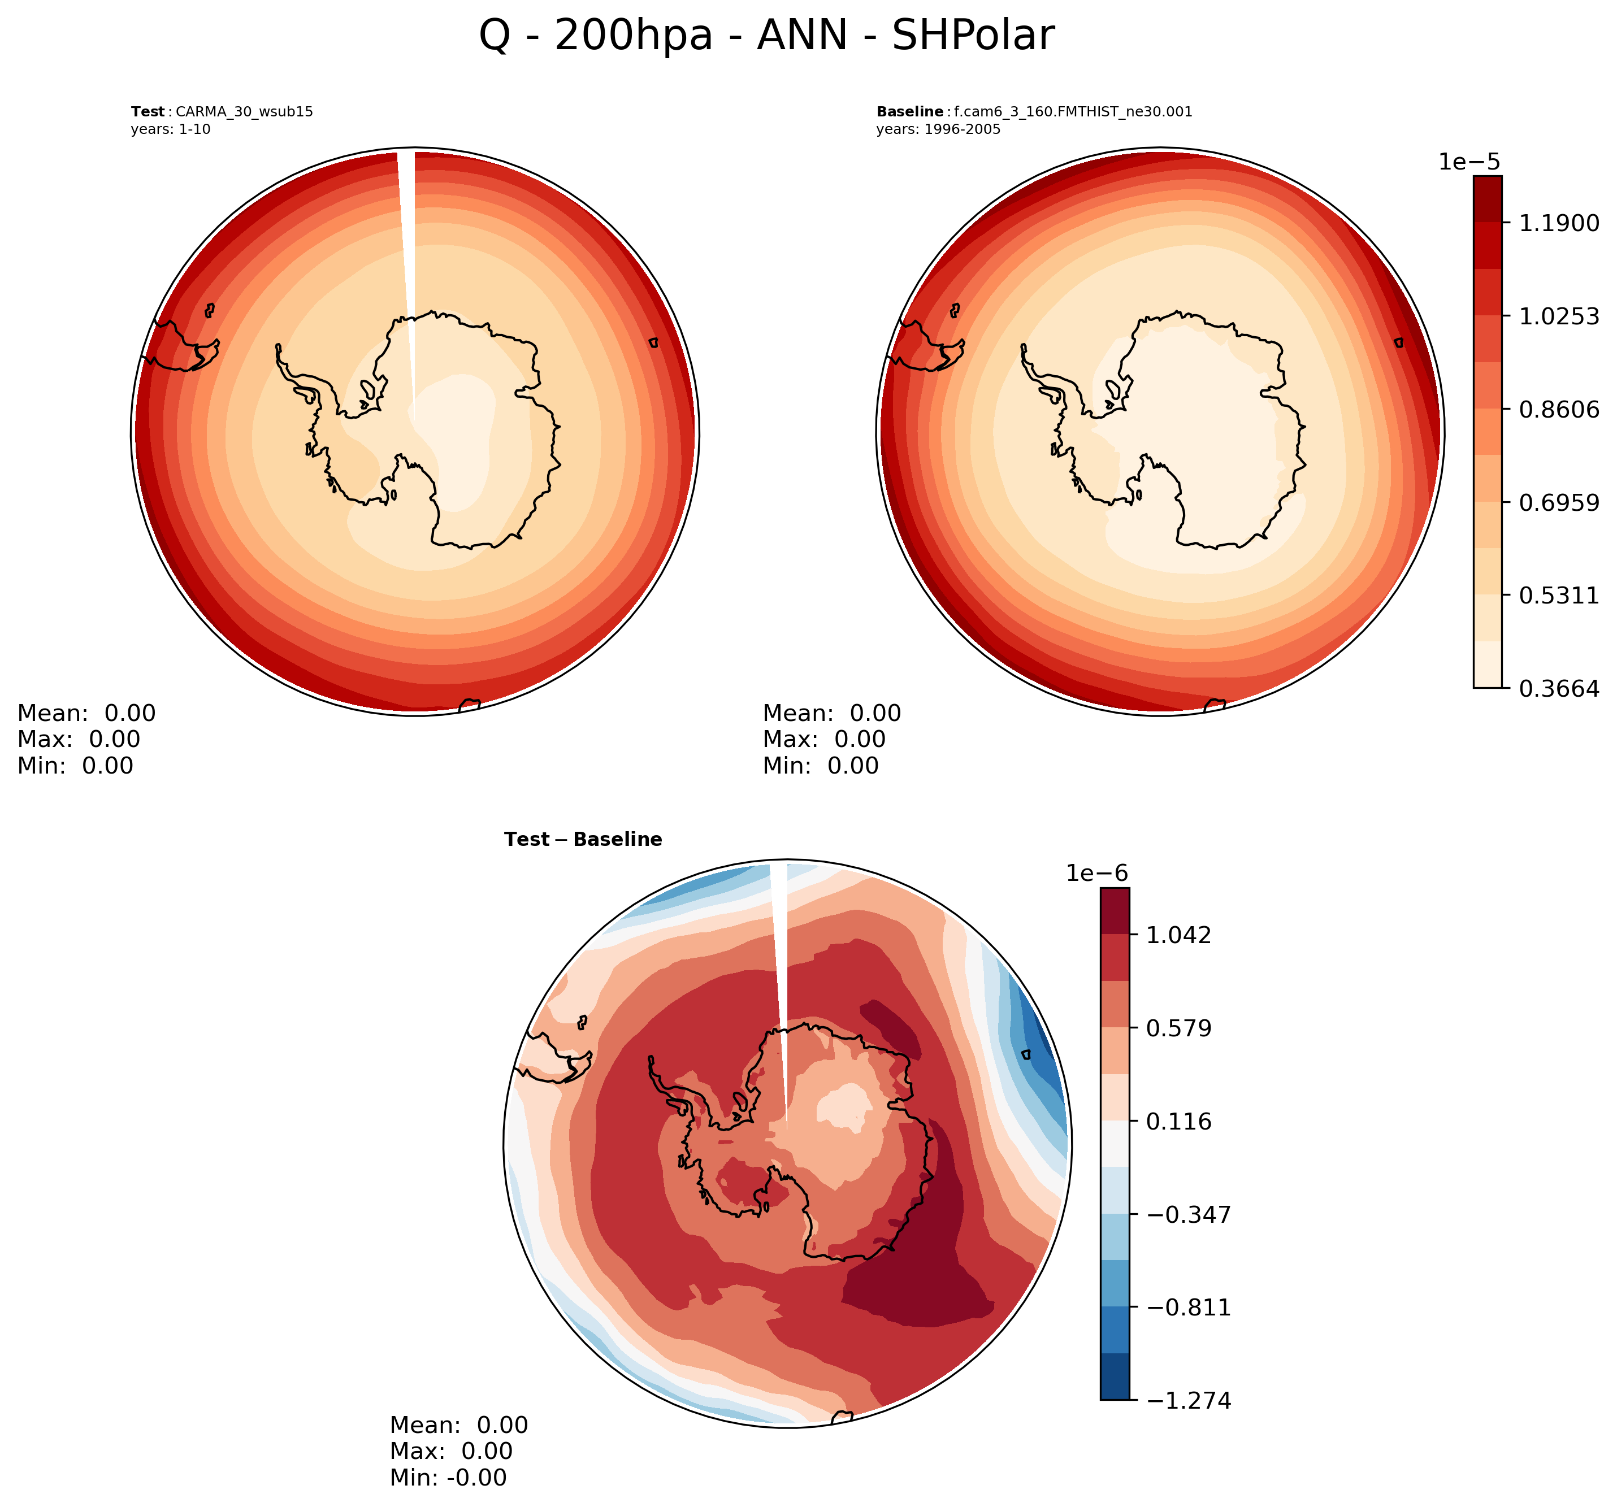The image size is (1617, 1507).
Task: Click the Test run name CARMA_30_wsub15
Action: click(x=244, y=111)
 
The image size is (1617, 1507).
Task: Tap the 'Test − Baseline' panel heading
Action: click(x=582, y=839)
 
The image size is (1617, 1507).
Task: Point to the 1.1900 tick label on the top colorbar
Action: click(x=1558, y=223)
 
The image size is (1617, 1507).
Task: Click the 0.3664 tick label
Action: click(x=1558, y=689)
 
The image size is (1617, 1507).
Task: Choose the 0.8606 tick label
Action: click(x=1558, y=409)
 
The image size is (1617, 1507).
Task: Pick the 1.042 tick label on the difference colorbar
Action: click(x=1178, y=935)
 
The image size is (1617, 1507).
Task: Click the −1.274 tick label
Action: click(x=1189, y=1400)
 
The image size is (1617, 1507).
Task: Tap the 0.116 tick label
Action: click(x=1178, y=1122)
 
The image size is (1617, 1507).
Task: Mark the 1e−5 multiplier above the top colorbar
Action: click(x=1468, y=162)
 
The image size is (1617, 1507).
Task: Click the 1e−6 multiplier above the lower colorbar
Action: click(x=1096, y=874)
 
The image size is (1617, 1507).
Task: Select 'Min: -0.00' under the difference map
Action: click(x=448, y=1478)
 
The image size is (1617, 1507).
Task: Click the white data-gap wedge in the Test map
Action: click(x=407, y=244)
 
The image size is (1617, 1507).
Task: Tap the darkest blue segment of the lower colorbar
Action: click(x=1115, y=1377)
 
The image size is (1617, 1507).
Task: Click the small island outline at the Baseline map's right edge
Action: click(x=1398, y=342)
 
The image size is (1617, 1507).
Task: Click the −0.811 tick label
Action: click(x=1189, y=1308)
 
